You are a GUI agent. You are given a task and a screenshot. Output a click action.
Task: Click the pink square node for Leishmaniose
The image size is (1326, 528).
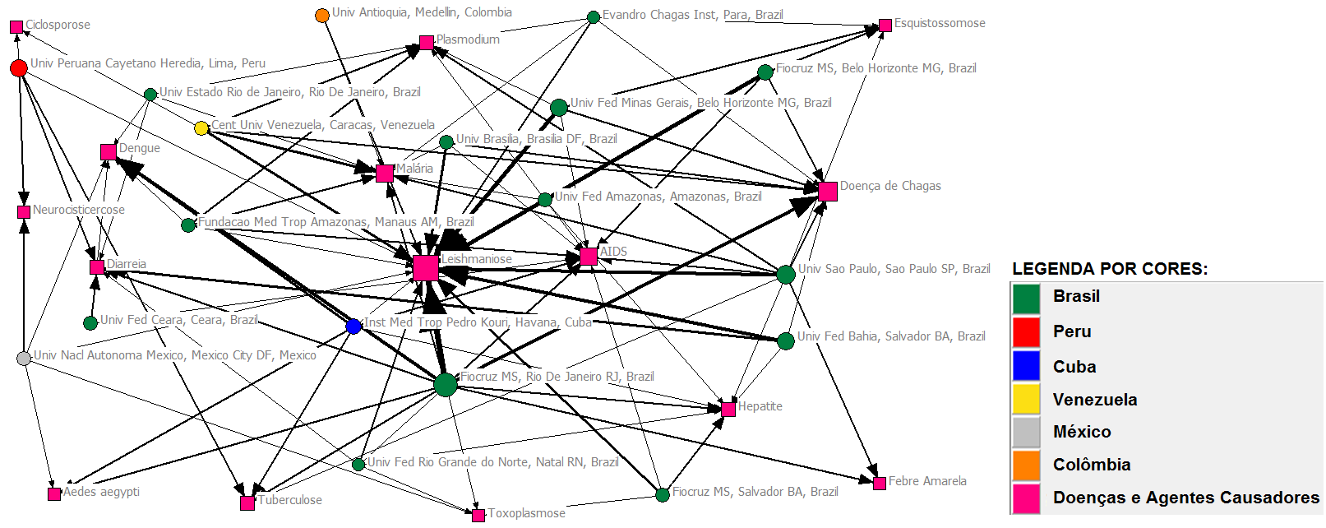click(x=426, y=268)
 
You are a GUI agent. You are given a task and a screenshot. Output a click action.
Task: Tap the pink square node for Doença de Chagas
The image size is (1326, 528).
click(x=828, y=192)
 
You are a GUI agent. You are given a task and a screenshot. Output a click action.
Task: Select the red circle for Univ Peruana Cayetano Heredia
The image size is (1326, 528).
click(x=19, y=67)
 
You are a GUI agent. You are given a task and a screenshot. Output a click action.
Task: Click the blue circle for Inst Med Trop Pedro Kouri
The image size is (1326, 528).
click(x=353, y=327)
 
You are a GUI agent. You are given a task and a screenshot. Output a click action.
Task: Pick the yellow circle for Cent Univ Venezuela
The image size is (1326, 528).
click(x=201, y=128)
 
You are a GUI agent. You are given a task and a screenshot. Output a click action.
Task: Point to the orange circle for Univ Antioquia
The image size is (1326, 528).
click(x=322, y=16)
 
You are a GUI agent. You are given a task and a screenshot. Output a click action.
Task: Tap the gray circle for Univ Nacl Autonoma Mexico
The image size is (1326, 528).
click(x=24, y=358)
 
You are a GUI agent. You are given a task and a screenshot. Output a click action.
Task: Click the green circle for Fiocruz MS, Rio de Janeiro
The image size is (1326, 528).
click(x=446, y=384)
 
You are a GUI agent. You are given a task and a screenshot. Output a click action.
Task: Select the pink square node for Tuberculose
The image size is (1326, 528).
click(x=247, y=503)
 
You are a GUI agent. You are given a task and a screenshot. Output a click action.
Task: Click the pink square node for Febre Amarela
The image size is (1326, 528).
click(x=880, y=483)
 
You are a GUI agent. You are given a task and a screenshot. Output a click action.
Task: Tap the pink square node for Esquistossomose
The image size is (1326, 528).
click(x=885, y=25)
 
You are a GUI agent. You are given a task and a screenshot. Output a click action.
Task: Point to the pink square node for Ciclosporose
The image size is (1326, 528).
click(x=16, y=27)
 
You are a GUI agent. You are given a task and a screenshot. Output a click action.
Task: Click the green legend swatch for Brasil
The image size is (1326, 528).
click(x=1026, y=299)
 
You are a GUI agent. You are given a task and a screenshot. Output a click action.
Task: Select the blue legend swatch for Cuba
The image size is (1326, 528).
click(x=1026, y=366)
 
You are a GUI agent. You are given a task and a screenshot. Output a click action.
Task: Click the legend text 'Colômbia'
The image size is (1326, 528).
click(x=1091, y=465)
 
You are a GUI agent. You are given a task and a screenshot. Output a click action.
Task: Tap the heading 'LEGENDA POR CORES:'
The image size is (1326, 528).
click(x=1110, y=269)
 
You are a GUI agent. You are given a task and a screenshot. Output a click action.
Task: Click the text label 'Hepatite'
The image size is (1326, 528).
click(x=760, y=406)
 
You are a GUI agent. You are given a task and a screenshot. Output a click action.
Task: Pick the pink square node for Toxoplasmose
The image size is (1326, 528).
click(x=478, y=516)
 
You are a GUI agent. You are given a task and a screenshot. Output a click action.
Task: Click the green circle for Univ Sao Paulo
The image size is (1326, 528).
click(x=786, y=274)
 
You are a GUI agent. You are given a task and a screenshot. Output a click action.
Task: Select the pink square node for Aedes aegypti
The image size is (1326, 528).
click(x=54, y=494)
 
